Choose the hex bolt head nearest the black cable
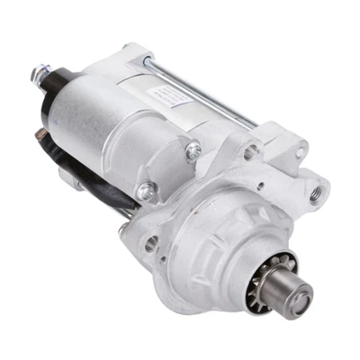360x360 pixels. pyautogui.click(x=144, y=190)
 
